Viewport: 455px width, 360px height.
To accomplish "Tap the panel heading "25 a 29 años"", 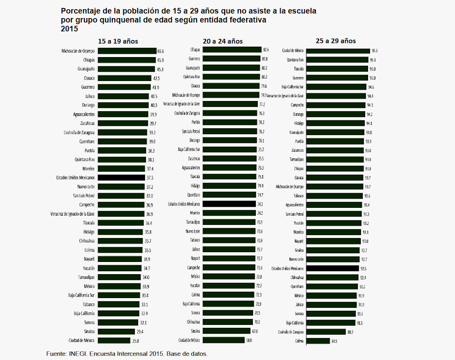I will click(x=336, y=41).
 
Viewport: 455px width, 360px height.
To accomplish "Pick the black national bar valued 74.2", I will click(x=229, y=203).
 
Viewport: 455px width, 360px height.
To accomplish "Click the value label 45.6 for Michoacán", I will click(x=160, y=51).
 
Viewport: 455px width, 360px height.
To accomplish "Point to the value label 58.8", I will click(x=249, y=340).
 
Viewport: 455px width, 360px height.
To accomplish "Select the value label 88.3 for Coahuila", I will click(x=350, y=332).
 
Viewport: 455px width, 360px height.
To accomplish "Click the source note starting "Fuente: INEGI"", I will click(x=127, y=353).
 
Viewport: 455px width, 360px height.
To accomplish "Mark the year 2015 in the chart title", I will click(x=69, y=29).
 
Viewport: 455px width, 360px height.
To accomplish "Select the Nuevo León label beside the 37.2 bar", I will click(x=85, y=187).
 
